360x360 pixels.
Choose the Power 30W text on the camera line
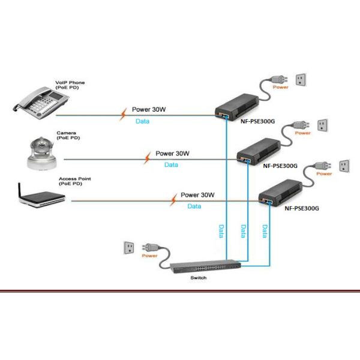coord(172,154)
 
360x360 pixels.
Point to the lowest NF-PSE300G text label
coord(301,209)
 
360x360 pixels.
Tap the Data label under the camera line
coord(171,164)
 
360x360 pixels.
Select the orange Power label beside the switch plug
coord(150,256)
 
